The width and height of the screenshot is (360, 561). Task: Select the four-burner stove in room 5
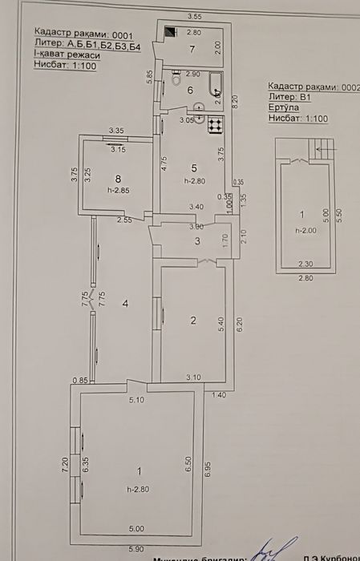214,125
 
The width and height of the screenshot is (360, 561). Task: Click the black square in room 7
170,34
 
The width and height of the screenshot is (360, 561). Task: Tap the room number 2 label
192,321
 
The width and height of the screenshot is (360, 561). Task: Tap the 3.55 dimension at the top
193,16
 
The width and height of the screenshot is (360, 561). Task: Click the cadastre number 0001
120,36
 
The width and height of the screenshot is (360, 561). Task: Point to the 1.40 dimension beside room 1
217,394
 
